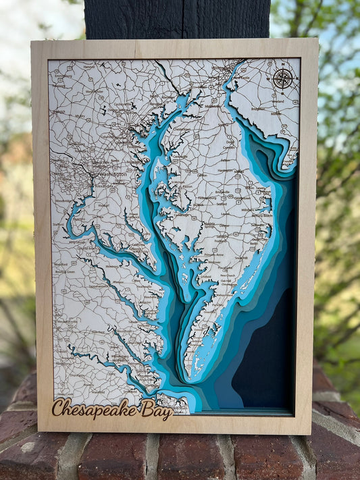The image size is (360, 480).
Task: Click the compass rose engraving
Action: coord(283,78)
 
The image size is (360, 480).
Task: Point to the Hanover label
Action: coord(88,66)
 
